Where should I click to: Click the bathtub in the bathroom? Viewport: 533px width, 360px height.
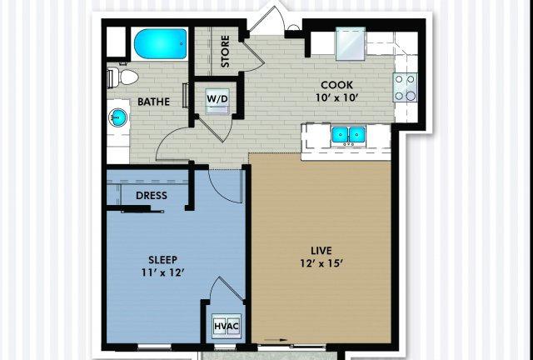coord(160,44)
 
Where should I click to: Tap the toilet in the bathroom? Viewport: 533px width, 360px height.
coord(122,77)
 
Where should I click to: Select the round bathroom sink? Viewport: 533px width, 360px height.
coord(118,117)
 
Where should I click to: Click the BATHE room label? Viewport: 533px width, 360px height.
coord(153,102)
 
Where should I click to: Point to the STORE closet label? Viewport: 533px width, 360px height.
coord(225,51)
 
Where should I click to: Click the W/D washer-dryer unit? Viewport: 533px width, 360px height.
coord(217,101)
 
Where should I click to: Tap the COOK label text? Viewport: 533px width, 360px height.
coord(336,85)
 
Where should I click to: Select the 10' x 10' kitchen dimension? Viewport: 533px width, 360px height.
coord(336,98)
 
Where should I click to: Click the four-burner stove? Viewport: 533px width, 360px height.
coord(406,87)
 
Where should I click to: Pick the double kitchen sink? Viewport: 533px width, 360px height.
coord(348,134)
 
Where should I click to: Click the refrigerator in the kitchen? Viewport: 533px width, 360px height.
coord(351,44)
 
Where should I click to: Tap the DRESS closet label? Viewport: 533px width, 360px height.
coord(152,196)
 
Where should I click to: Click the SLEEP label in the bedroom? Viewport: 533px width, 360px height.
coord(163,260)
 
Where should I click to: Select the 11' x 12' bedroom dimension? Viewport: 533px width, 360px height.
coord(163,272)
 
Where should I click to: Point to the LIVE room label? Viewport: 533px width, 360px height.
coord(321,251)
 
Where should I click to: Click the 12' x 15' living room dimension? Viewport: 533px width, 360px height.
coord(321,263)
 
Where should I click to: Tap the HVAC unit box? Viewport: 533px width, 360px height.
coord(227,326)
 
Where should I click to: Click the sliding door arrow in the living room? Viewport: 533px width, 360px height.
coord(276,340)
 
